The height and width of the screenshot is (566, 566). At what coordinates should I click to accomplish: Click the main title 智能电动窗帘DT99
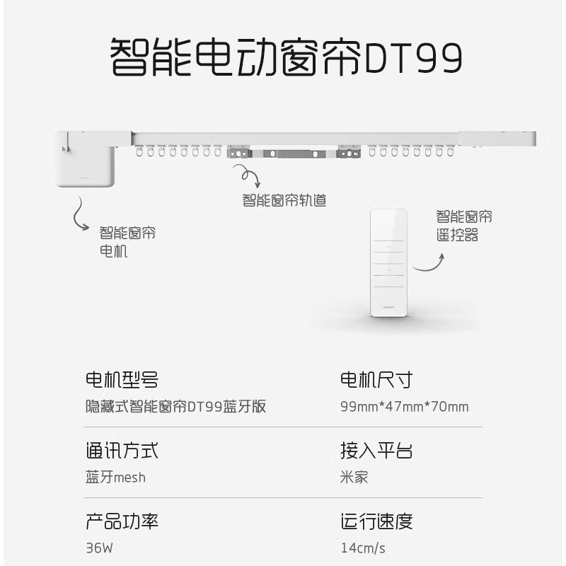tap(287, 57)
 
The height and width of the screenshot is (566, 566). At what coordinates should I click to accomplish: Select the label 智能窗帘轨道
tap(284, 200)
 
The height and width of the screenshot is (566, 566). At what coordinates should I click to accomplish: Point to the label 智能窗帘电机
tap(127, 241)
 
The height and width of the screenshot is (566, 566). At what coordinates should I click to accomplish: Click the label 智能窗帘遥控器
tap(463, 226)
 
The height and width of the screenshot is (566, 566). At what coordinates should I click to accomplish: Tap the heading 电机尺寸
tap(376, 380)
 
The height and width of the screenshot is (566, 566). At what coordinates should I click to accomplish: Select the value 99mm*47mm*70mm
tap(404, 407)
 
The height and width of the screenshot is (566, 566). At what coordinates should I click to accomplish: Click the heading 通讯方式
tap(121, 451)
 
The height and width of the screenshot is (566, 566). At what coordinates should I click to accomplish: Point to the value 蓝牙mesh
tap(115, 477)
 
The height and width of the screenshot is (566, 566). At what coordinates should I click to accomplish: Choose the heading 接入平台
tap(376, 451)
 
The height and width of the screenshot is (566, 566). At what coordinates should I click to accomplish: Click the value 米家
tap(354, 477)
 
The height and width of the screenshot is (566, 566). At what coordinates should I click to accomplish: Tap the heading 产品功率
tap(121, 521)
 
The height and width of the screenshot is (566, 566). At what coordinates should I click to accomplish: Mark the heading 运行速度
tap(376, 521)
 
